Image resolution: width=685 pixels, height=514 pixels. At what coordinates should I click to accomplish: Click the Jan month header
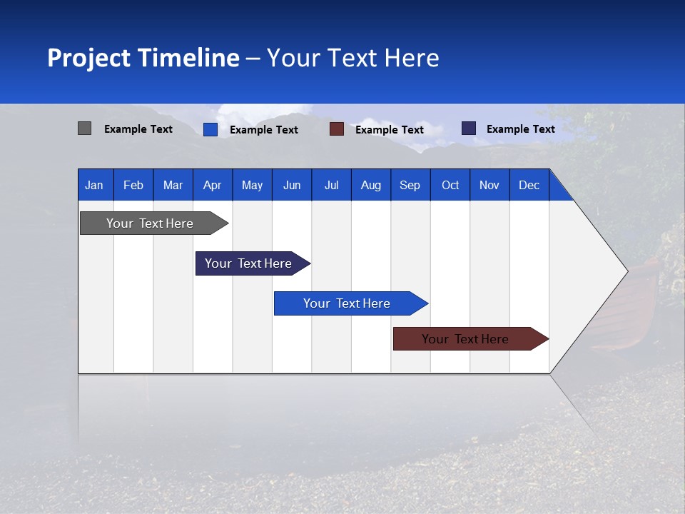(94, 185)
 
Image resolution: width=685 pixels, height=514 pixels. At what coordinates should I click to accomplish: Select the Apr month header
(212, 185)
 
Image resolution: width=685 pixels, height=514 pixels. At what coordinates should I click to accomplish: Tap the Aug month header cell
(370, 185)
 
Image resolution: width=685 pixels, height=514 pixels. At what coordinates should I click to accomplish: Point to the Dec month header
(529, 185)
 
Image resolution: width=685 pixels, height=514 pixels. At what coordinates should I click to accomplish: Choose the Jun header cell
(291, 185)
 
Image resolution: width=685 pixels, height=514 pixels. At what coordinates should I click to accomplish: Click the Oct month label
(450, 185)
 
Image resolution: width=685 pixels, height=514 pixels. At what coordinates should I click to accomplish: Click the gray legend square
(84, 128)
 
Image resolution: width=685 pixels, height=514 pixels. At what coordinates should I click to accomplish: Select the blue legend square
(210, 129)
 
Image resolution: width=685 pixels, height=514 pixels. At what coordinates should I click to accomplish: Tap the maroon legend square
(336, 129)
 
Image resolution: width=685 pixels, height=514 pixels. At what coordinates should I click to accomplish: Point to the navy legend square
(468, 128)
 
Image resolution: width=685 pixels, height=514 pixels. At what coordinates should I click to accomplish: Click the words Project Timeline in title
(143, 58)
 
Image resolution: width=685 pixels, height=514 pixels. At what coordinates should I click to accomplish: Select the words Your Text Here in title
(352, 58)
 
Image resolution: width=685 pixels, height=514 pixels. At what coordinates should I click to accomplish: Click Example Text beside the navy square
(520, 129)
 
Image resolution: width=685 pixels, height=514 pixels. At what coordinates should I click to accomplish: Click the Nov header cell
(489, 185)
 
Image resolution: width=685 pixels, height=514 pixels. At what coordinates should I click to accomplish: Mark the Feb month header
(133, 185)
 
